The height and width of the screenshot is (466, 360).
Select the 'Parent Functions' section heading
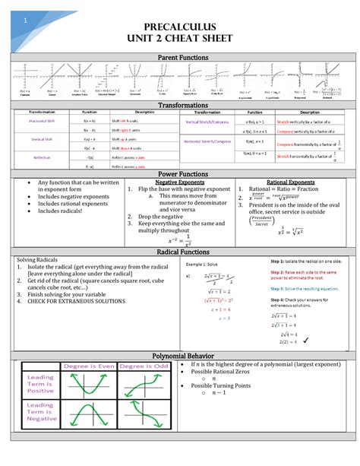(x=180, y=57)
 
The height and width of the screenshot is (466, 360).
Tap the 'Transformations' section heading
(x=180, y=105)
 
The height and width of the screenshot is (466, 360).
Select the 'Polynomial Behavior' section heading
(x=180, y=356)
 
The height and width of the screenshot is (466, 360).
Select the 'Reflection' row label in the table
(x=42, y=157)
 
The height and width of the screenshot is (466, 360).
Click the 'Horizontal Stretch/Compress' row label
(x=207, y=141)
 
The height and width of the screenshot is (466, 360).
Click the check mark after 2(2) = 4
(x=324, y=342)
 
